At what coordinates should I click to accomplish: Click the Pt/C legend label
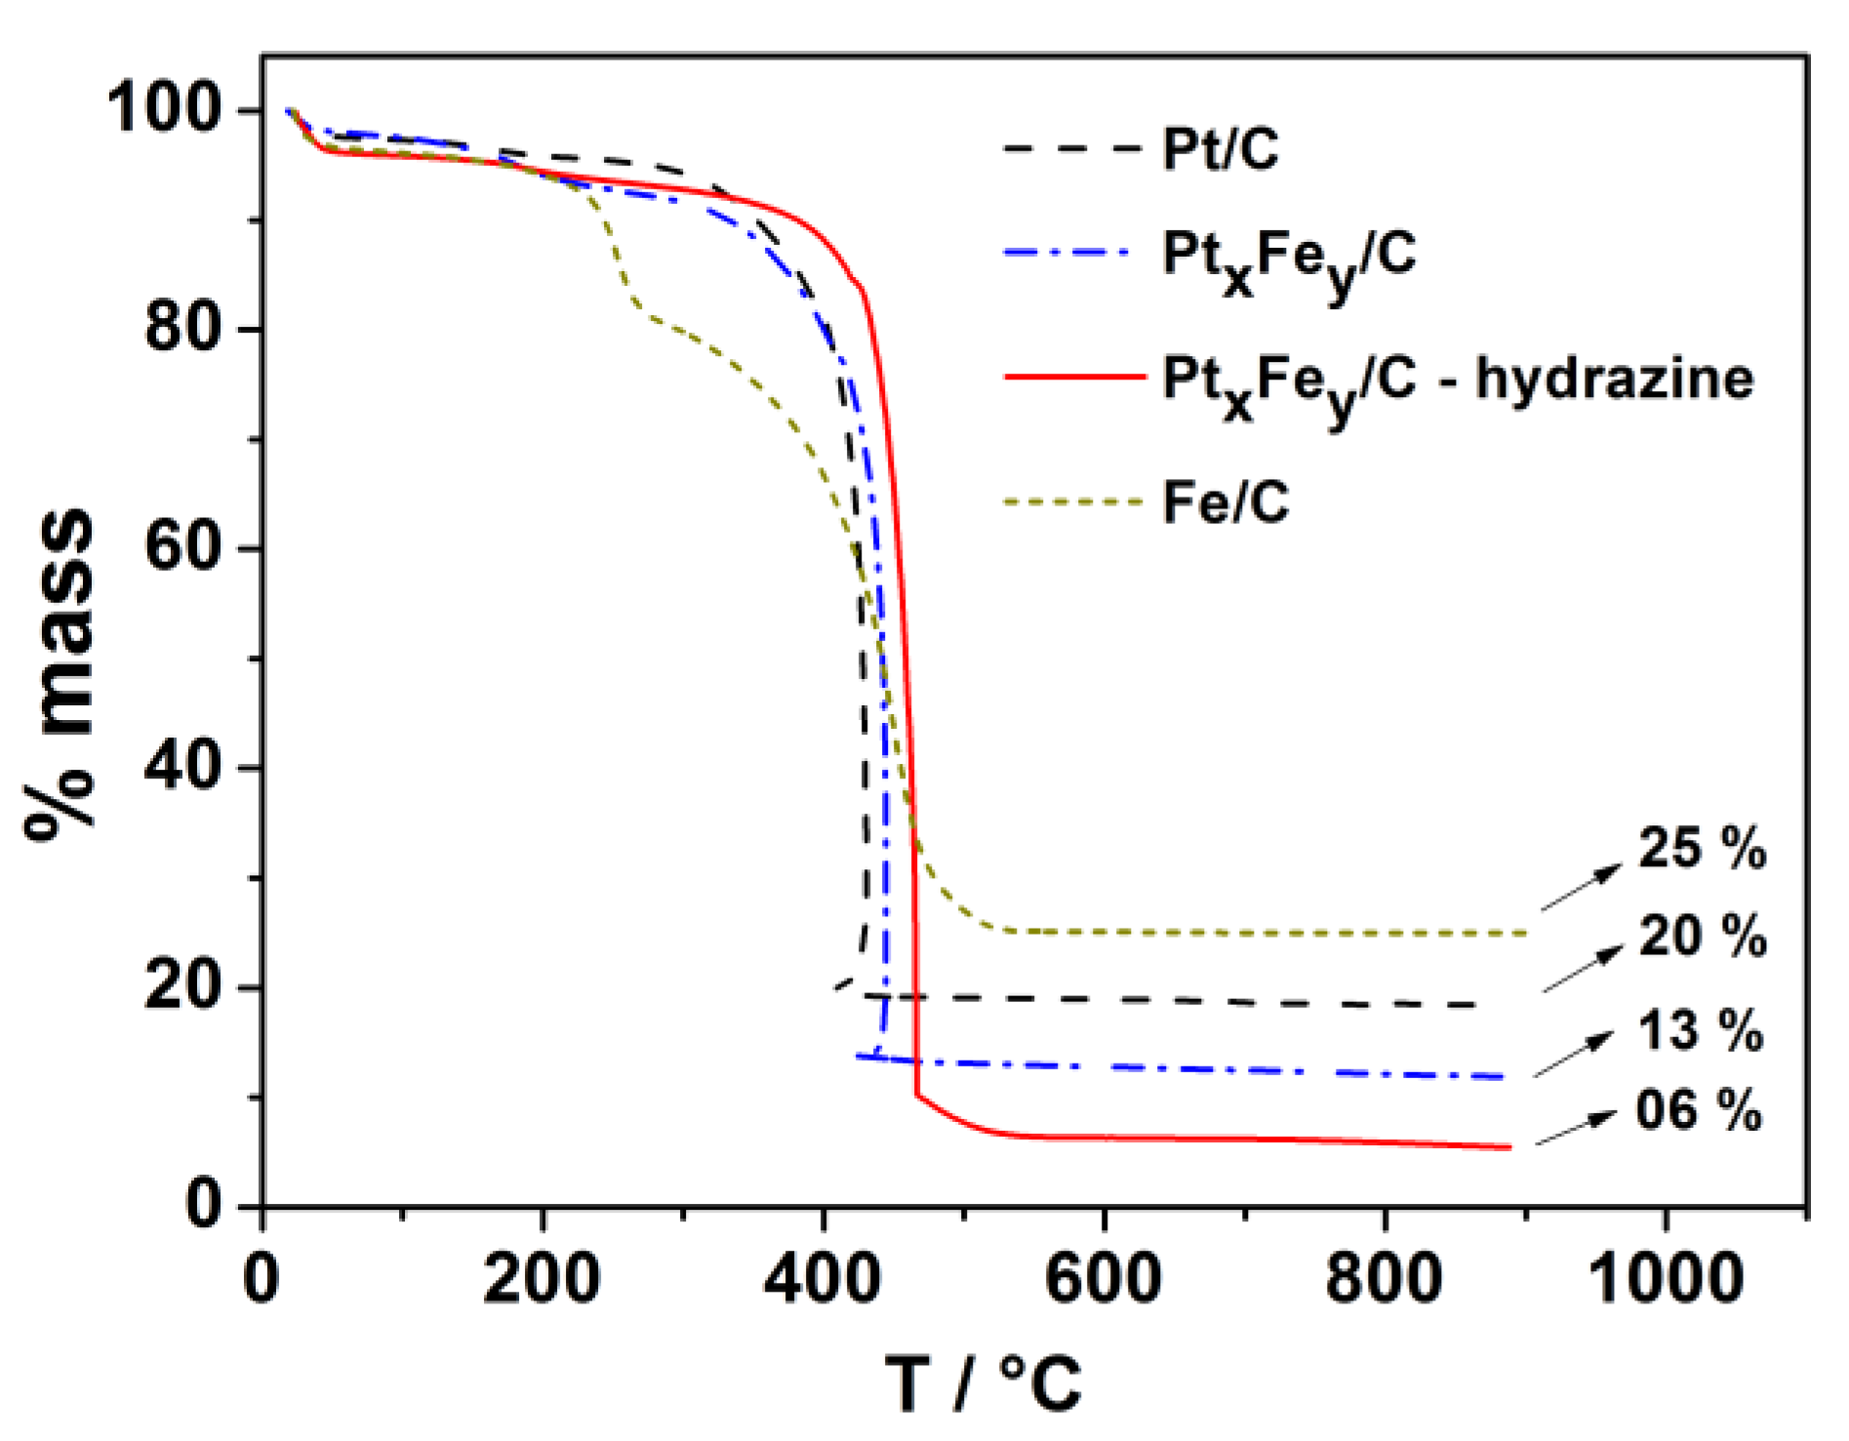(x=1220, y=149)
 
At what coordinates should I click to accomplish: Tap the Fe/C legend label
(x=1226, y=503)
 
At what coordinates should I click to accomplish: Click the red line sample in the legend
(x=1074, y=376)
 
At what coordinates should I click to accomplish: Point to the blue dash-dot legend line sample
(x=1069, y=253)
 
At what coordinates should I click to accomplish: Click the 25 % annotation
(x=1702, y=847)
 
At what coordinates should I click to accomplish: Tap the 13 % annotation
(x=1700, y=1029)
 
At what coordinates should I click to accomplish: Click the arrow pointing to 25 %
(x=1581, y=888)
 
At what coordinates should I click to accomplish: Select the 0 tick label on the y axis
(x=203, y=1205)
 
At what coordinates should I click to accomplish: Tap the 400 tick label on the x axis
(x=823, y=1278)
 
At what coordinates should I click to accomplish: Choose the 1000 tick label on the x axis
(x=1666, y=1278)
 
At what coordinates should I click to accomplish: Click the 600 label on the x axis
(x=1103, y=1278)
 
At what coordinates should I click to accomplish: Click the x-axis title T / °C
(x=984, y=1382)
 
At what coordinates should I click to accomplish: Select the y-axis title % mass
(x=60, y=673)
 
